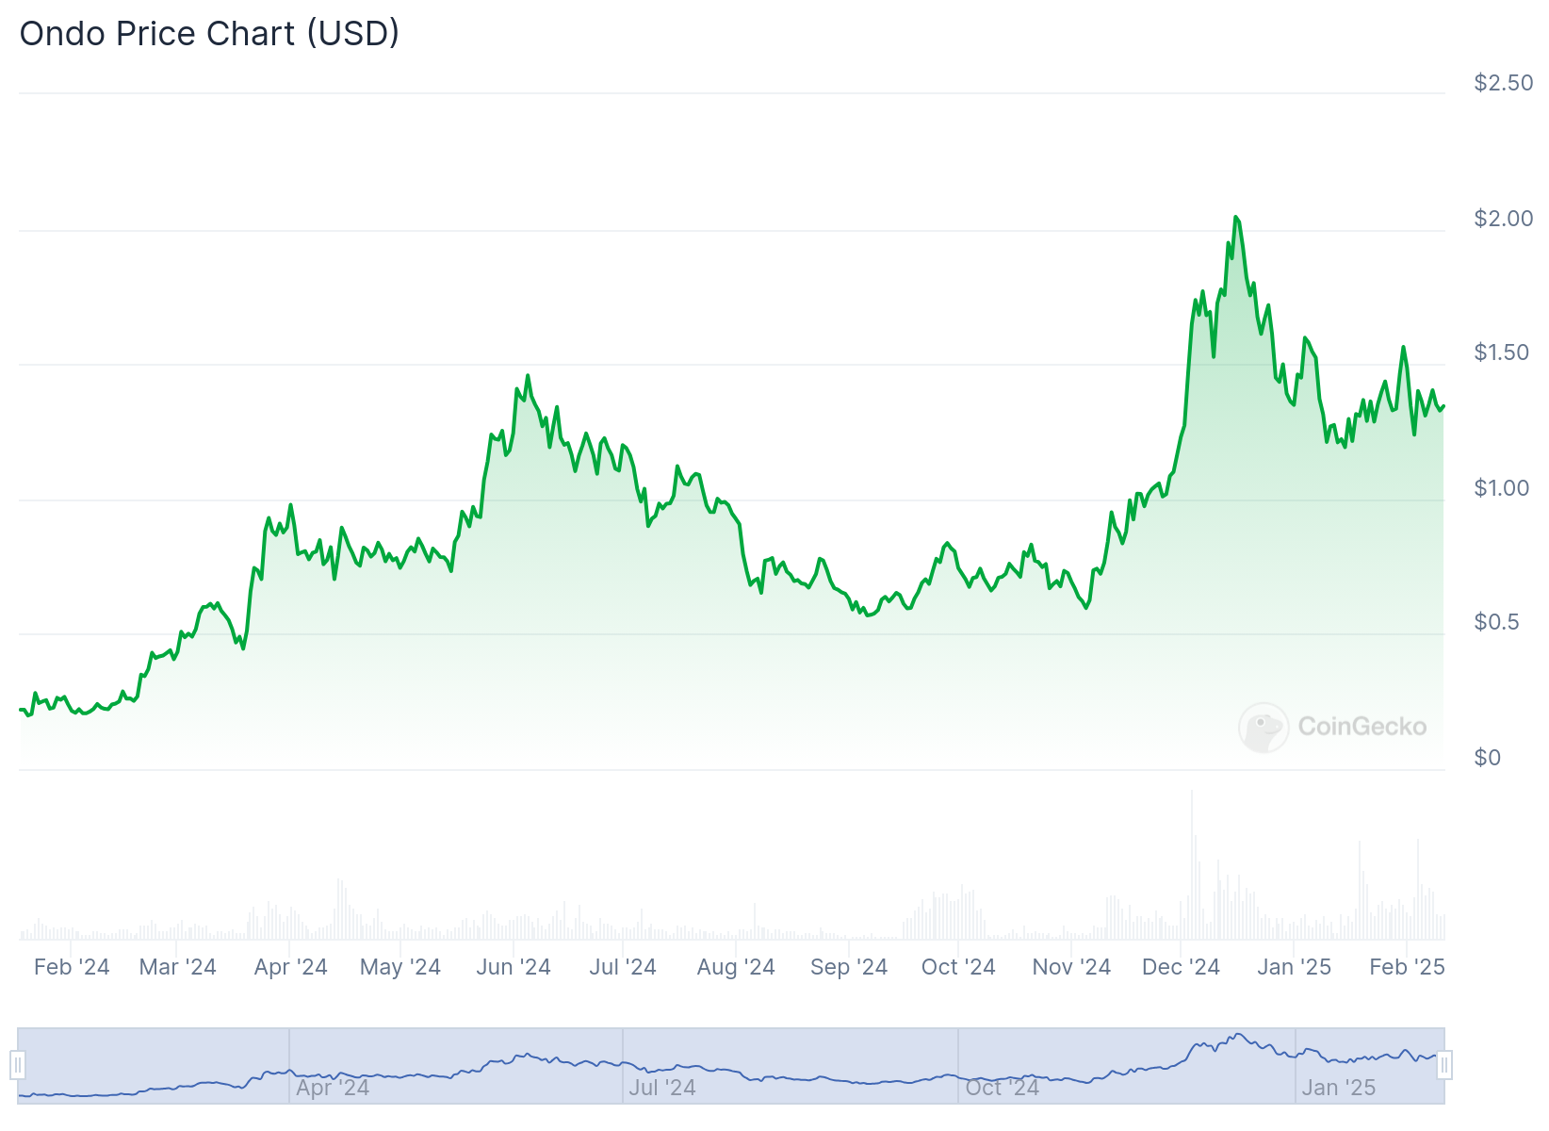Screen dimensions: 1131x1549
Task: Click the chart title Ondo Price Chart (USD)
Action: tap(209, 34)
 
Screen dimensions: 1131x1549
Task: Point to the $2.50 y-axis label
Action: tap(1503, 83)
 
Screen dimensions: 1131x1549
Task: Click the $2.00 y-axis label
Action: tap(1503, 219)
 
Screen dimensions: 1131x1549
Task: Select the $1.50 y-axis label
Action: tap(1503, 352)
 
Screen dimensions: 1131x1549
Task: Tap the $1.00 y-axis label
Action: tap(1503, 488)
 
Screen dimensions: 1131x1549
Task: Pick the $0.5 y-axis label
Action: tap(1496, 622)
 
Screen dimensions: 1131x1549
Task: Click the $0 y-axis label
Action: tap(1487, 758)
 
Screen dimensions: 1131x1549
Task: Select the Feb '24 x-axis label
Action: tap(72, 967)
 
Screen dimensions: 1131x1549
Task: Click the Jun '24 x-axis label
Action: tap(514, 967)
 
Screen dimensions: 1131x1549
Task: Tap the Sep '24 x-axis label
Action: tap(849, 967)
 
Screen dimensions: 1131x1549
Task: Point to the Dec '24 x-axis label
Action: tap(1181, 967)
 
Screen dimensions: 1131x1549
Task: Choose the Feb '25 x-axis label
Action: tap(1407, 967)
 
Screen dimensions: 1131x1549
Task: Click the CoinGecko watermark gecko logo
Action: tap(1263, 727)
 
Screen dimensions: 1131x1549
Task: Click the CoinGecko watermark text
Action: tap(1361, 727)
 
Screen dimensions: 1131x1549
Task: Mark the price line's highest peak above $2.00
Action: tap(1235, 218)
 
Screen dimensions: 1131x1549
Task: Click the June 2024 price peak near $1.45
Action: tap(528, 376)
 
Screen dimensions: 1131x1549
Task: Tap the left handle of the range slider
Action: tap(18, 1066)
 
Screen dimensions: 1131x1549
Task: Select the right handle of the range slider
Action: tap(1444, 1066)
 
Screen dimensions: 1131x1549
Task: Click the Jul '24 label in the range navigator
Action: tap(662, 1088)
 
